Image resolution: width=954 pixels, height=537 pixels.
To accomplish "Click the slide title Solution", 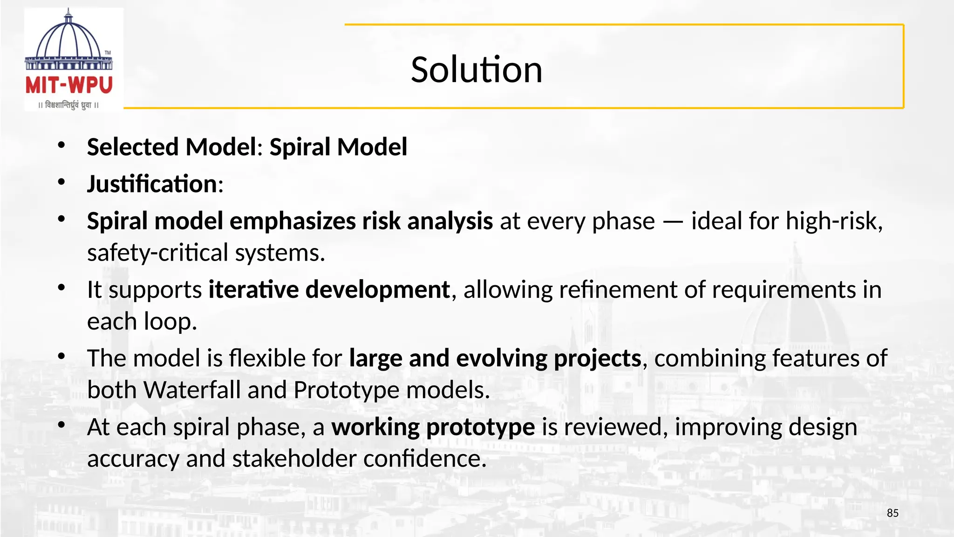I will coord(477,70).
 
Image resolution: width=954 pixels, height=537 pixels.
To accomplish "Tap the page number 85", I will coord(893,513).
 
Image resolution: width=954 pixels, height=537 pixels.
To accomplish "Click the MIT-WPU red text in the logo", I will coord(69,85).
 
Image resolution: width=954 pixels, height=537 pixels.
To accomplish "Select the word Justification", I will coord(152,184).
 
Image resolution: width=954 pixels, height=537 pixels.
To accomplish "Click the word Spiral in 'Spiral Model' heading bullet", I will coord(300,147).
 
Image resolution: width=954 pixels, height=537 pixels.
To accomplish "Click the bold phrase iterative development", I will coord(329,290).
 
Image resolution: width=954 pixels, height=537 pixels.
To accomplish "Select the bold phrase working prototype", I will coord(433,427).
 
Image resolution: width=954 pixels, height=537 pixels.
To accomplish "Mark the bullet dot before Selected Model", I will coord(61,145).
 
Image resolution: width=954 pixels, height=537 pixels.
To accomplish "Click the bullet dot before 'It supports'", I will coord(61,288).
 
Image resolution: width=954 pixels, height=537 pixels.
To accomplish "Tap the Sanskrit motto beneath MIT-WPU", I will coord(69,105).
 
